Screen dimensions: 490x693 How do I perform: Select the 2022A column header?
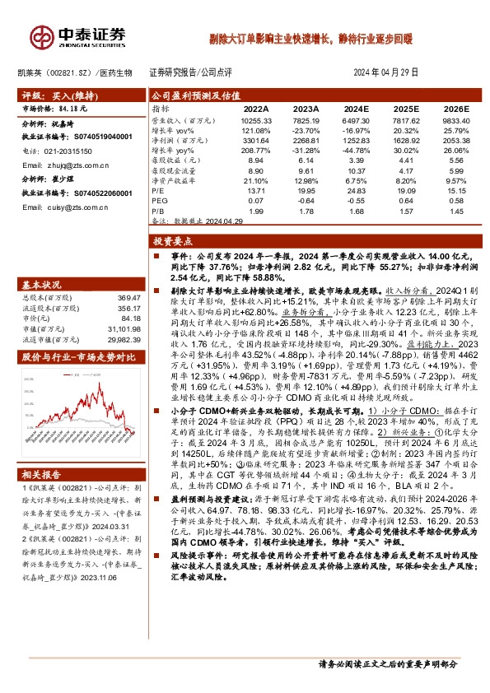tap(256, 109)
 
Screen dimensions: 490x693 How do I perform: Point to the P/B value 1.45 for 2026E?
tap(458, 212)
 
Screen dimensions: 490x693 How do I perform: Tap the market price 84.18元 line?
tap(54, 107)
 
